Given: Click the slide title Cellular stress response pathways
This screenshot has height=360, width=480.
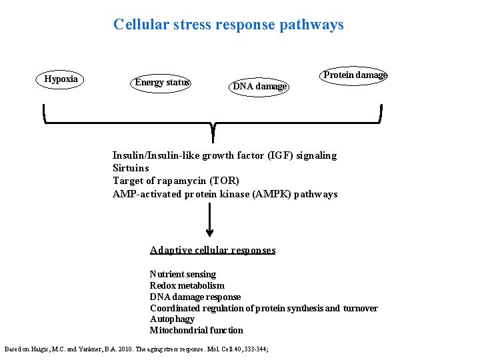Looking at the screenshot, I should (228, 25).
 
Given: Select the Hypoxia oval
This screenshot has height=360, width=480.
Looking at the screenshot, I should (61, 79).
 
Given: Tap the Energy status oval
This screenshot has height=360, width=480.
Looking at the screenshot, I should (162, 83).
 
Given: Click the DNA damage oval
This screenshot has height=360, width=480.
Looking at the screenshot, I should (260, 86).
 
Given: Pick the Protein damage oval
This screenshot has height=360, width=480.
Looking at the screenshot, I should (355, 75).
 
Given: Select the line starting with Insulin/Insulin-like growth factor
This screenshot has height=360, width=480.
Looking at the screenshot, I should (224, 155).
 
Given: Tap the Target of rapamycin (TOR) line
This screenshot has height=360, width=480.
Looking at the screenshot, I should (175, 181).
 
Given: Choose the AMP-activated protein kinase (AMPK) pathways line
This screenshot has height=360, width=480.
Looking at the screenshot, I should (225, 194).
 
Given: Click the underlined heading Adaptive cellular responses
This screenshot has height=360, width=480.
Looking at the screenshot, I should (212, 250).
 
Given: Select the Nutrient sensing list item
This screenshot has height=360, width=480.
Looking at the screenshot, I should (183, 274).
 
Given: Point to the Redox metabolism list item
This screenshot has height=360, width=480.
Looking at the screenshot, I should (187, 285).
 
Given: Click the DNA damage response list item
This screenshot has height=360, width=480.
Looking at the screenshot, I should (195, 297).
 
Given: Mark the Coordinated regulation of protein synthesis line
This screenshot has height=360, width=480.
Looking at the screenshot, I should (263, 308).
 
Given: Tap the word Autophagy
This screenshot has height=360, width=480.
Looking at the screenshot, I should (172, 319).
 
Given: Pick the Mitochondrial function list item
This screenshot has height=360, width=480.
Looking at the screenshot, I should (196, 330).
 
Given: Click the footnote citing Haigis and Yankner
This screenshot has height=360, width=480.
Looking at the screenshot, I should (136, 349).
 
